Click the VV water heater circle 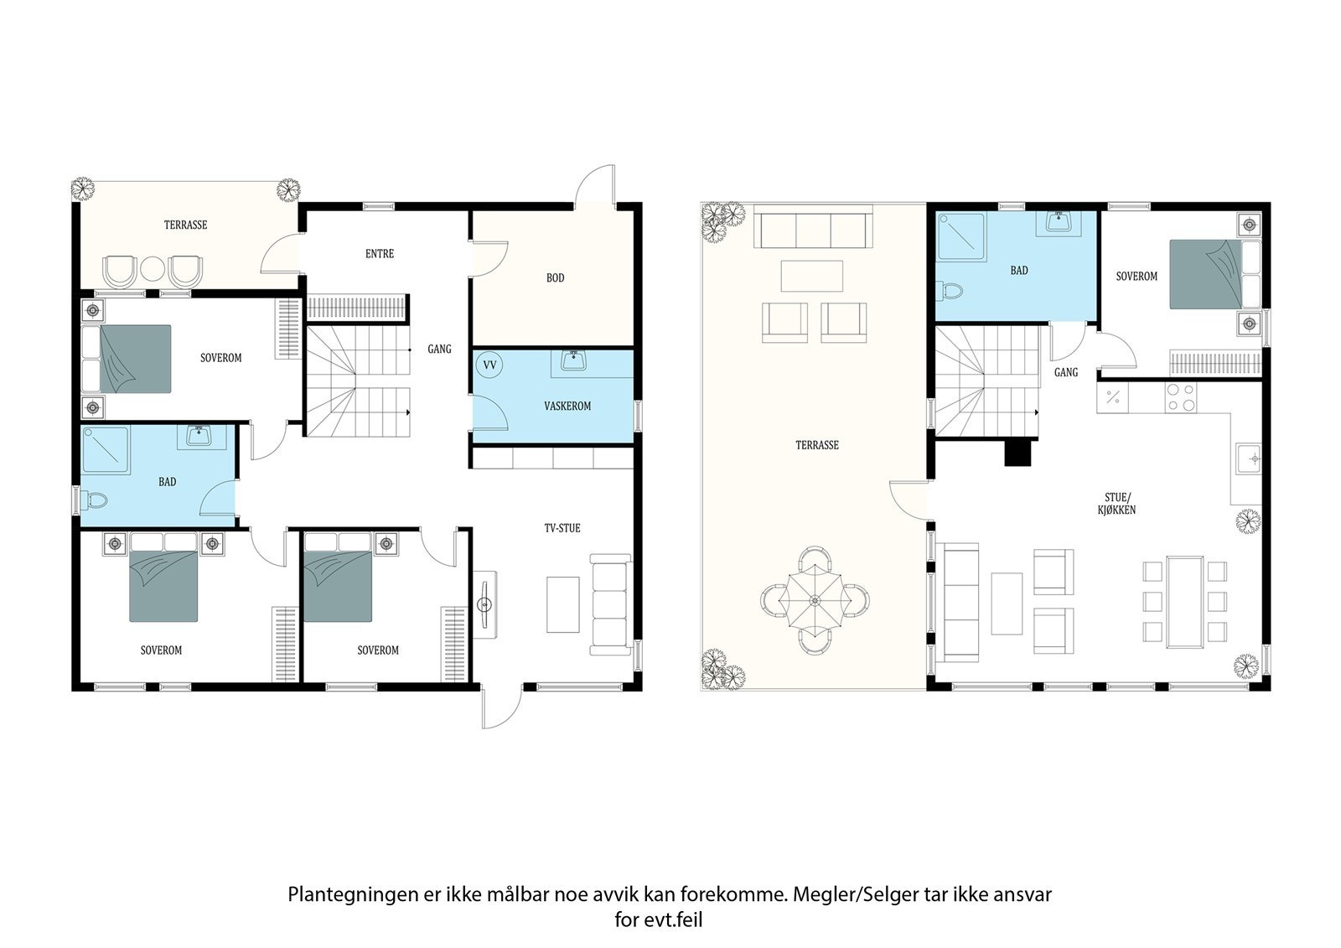[489, 365]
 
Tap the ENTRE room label [380, 254]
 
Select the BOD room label [555, 278]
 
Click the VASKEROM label [567, 406]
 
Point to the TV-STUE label [562, 528]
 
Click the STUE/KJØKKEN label [1116, 504]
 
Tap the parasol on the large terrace [814, 599]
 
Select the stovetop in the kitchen [1181, 397]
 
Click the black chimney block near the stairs [1017, 453]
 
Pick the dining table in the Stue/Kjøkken [1185, 602]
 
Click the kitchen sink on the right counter [1249, 458]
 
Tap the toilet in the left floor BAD [94, 500]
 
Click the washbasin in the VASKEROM [573, 361]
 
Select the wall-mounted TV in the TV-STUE [484, 605]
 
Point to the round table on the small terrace [153, 270]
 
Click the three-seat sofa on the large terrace [812, 226]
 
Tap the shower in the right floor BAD [961, 237]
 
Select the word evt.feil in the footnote [672, 920]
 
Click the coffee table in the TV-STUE [562, 604]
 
